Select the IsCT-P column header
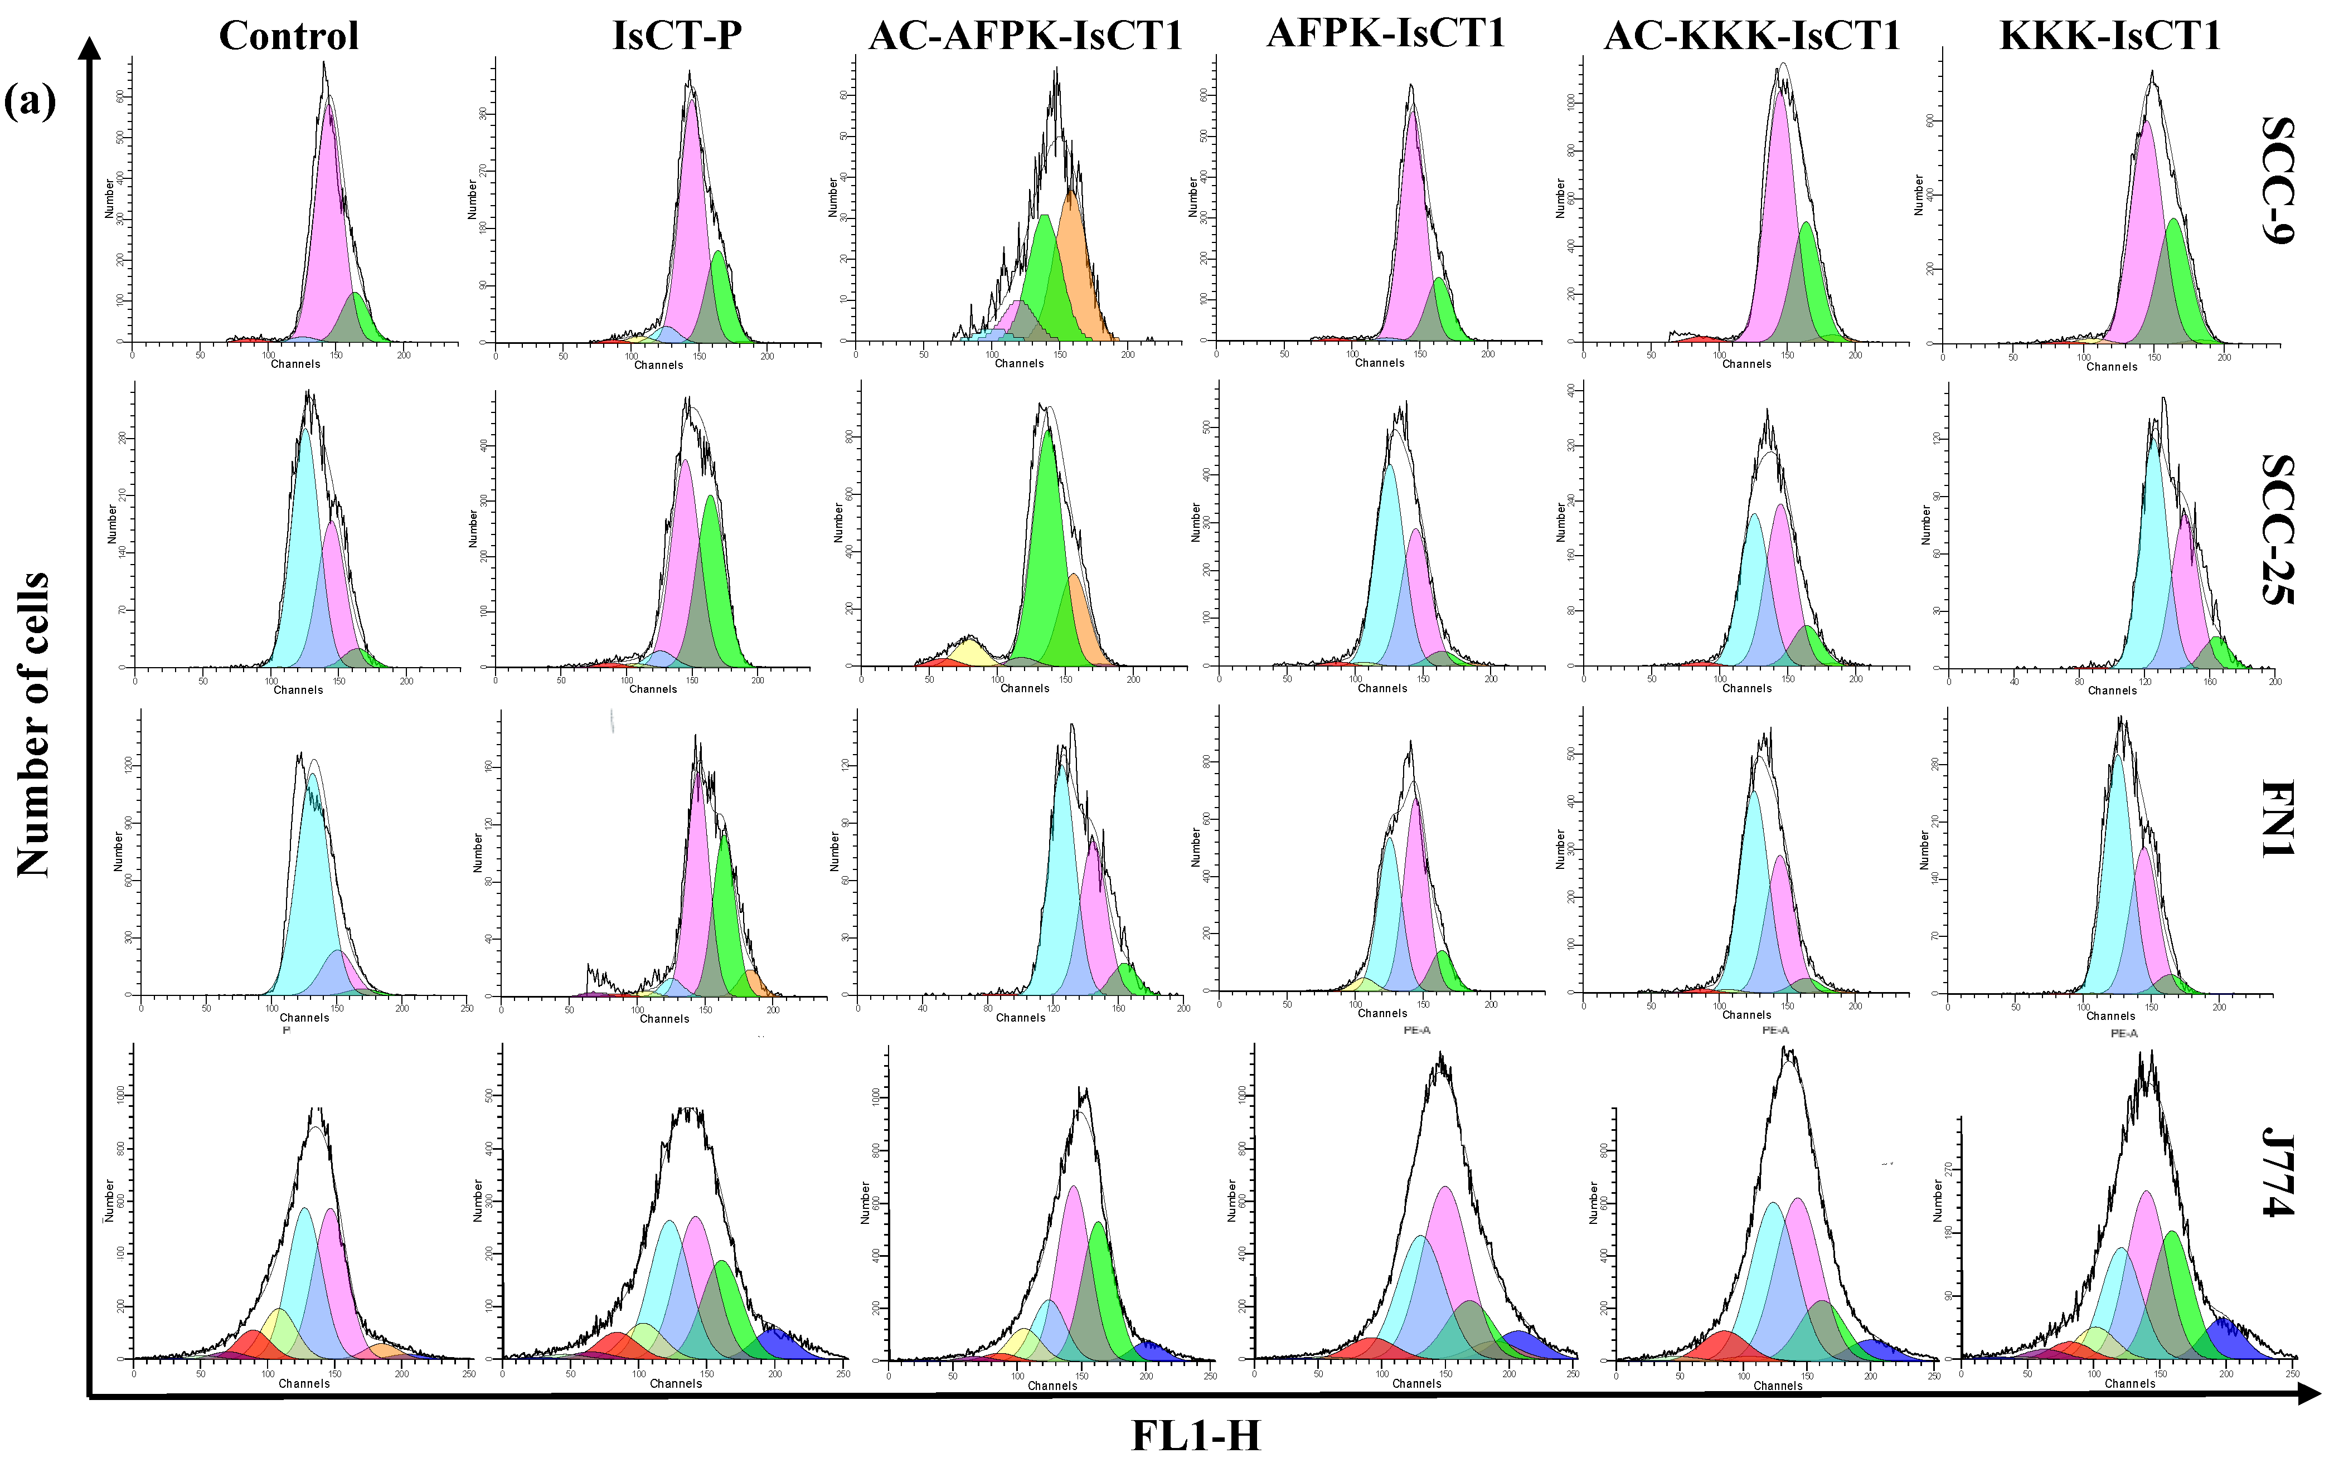pyautogui.click(x=677, y=36)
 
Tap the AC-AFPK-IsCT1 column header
pyautogui.click(x=1026, y=36)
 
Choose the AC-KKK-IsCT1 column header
pyautogui.click(x=1751, y=36)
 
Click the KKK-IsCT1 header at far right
pyautogui.click(x=2109, y=36)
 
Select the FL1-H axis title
pyautogui.click(x=1196, y=1436)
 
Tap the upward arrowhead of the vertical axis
pyautogui.click(x=89, y=48)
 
